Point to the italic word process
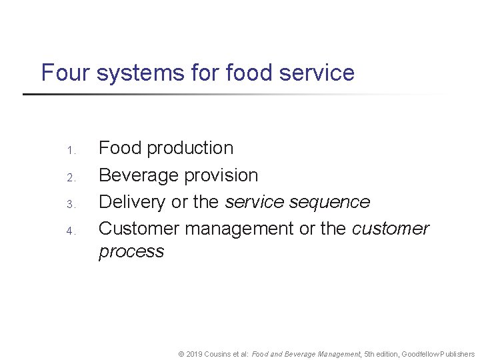(131, 251)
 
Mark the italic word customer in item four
(391, 229)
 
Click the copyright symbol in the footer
(181, 355)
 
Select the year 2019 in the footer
(195, 355)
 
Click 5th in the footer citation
(370, 355)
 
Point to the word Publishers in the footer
(456, 355)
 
